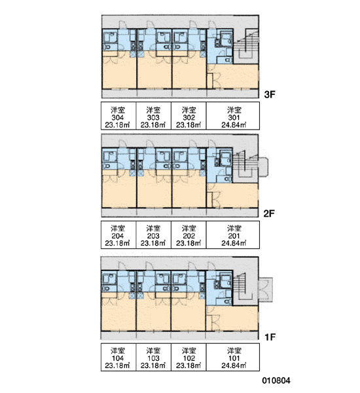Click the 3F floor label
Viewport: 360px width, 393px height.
coord(270,94)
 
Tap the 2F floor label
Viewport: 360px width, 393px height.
coord(269,214)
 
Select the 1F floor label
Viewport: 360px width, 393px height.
coord(270,337)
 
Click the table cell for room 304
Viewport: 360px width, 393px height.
coord(118,116)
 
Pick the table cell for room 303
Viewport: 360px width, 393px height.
coord(154,116)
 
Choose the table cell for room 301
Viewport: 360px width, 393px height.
coord(233,116)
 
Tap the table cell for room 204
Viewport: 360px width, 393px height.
coord(118,235)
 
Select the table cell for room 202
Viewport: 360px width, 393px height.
coord(189,235)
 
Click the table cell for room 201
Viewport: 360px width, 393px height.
coord(233,235)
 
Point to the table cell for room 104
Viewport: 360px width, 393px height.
coord(118,357)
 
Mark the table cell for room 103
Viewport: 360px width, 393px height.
coord(154,357)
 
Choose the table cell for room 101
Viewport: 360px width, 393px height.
coord(233,357)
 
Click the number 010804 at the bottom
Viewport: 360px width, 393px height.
coord(276,381)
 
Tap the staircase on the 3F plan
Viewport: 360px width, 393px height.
coord(246,47)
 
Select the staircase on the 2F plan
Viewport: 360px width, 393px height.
coord(246,166)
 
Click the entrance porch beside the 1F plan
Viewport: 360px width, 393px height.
coord(266,290)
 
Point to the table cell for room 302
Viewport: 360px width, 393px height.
coord(189,116)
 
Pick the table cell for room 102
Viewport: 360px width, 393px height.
coord(189,357)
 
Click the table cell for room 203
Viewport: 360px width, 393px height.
coord(154,235)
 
